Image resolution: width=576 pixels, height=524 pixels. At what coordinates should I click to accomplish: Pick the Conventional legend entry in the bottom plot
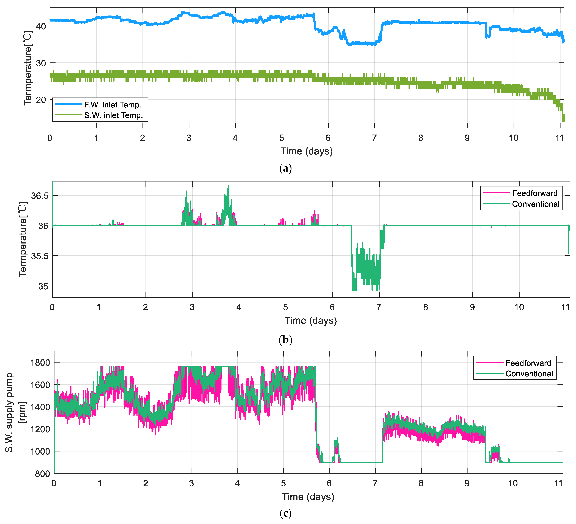(x=529, y=374)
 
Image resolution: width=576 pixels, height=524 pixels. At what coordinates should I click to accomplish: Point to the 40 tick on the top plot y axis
(x=41, y=26)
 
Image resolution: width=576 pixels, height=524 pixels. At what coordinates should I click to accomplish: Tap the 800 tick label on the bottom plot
(x=43, y=474)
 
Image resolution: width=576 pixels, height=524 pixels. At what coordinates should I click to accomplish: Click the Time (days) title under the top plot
(x=307, y=151)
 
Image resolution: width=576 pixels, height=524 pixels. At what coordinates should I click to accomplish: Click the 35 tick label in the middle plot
(x=43, y=286)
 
